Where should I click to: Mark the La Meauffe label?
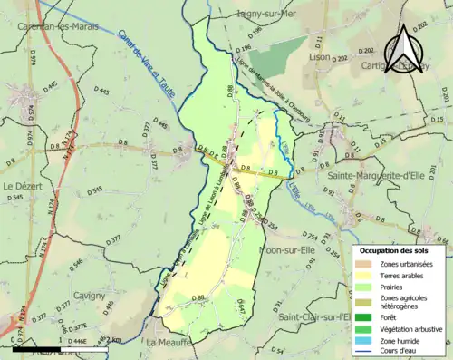click(169, 344)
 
